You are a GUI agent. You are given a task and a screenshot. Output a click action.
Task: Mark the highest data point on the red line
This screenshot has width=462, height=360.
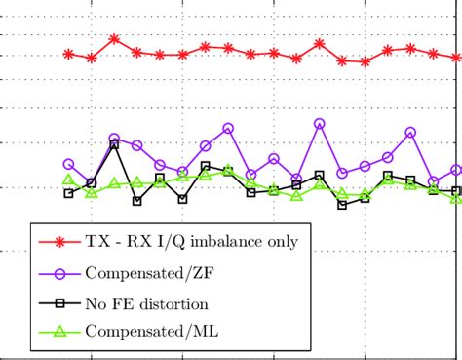[x=114, y=39]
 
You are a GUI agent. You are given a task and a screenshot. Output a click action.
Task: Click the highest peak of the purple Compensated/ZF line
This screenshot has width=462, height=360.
[x=320, y=123]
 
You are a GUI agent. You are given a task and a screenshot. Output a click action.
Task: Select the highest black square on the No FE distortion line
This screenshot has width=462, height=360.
[x=114, y=144]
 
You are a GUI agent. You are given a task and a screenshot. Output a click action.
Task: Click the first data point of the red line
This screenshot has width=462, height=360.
[x=68, y=54]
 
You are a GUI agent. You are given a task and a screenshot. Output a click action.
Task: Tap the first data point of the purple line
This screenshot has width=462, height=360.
[x=68, y=164]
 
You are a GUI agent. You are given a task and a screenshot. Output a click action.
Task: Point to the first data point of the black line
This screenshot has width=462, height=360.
[x=68, y=193]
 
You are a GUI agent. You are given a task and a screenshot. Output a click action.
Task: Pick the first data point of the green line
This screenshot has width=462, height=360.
[x=68, y=180]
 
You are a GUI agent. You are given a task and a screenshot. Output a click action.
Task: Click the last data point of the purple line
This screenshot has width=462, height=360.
[x=456, y=170]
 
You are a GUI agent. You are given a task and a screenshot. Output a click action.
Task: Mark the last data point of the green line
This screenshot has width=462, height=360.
[x=456, y=199]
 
